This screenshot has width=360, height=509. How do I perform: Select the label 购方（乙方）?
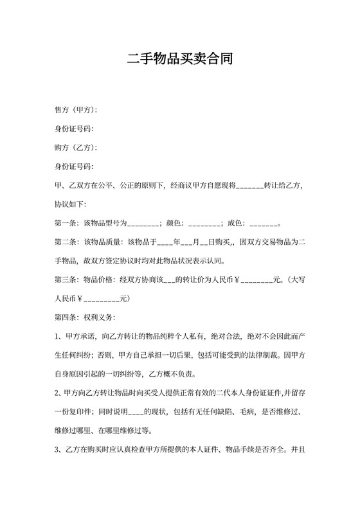click(x=75, y=148)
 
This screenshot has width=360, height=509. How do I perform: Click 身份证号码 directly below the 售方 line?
click(x=74, y=129)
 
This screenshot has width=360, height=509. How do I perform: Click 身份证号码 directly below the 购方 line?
click(x=74, y=167)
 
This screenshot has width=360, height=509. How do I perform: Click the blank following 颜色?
click(x=204, y=224)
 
